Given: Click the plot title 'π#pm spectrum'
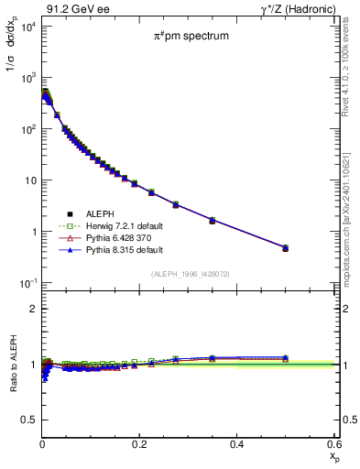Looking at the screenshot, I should [x=190, y=36].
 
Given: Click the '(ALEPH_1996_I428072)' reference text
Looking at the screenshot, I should [x=191, y=274].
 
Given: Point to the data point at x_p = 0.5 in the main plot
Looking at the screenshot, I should [x=285, y=248].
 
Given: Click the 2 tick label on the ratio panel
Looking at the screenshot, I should [x=32, y=309].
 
